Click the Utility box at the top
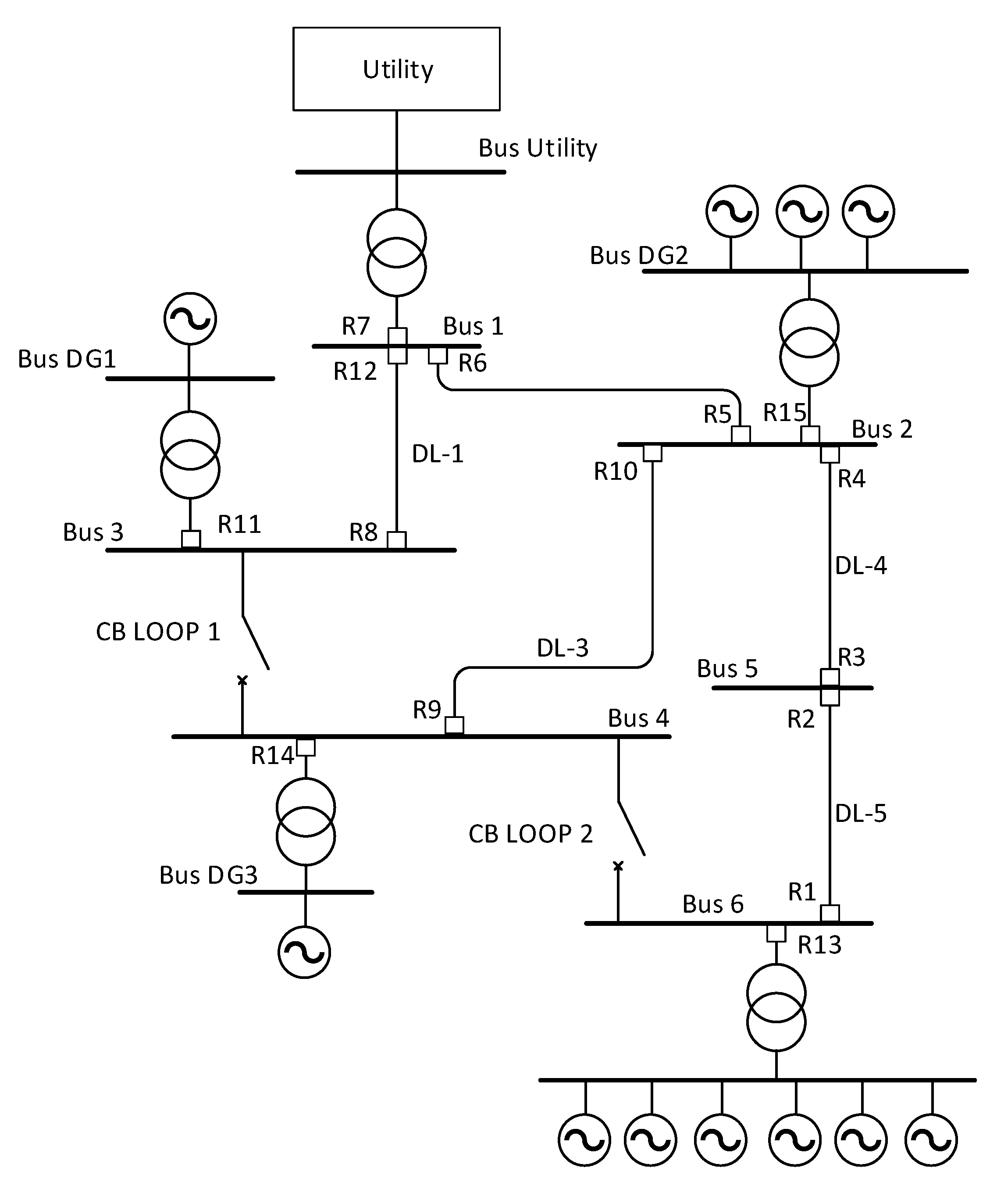pos(396,68)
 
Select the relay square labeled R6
pos(438,356)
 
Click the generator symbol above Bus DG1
pos(190,319)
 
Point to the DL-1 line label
pos(438,454)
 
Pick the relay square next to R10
pos(652,453)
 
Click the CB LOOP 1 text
pos(158,632)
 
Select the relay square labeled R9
pos(454,725)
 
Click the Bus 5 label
pos(727,669)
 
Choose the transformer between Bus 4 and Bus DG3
pos(306,821)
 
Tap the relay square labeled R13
pos(776,933)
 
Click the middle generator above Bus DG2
pos(801,211)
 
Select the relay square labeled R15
pos(810,435)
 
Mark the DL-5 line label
pos(861,814)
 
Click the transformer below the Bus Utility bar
pos(396,253)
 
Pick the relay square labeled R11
pos(191,539)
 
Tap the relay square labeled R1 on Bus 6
pos(830,913)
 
